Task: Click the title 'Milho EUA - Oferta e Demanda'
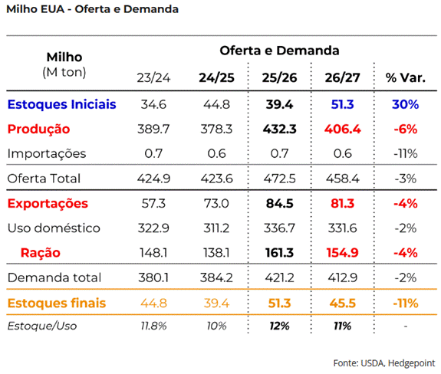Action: point(93,9)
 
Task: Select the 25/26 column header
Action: point(279,78)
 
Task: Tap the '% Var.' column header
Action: point(405,78)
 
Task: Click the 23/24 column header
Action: point(153,78)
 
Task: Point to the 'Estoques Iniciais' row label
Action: point(61,104)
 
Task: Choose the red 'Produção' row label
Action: point(38,130)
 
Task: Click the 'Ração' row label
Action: point(41,253)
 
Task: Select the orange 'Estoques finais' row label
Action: point(57,303)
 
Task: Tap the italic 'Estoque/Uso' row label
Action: point(42,326)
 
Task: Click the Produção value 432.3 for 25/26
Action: point(280,130)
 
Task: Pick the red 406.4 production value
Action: point(343,130)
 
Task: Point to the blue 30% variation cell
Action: point(405,104)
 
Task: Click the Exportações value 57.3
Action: point(153,203)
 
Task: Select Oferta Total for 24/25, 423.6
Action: point(216,179)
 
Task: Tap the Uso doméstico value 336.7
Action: point(279,228)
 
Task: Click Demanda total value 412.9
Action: point(343,278)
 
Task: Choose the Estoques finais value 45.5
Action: point(343,303)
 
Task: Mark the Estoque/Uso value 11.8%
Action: point(153,326)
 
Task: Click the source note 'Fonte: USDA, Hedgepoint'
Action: point(384,363)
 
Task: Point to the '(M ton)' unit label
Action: point(64,72)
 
